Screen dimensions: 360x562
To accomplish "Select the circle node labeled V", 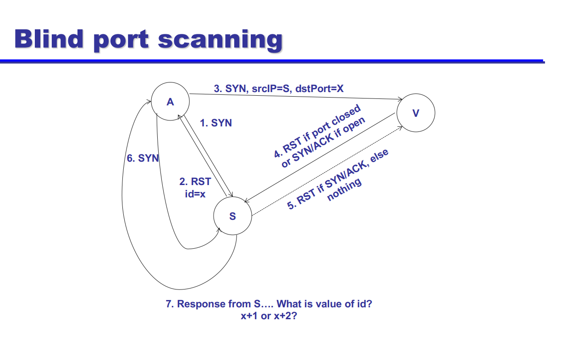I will click(415, 113).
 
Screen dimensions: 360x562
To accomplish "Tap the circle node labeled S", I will click(232, 216).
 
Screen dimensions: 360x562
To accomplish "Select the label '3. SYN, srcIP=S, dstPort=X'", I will click(278, 88).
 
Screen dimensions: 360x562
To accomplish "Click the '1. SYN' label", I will click(216, 123).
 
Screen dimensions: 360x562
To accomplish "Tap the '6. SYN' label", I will click(143, 158).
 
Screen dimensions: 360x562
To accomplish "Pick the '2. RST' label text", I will click(195, 182).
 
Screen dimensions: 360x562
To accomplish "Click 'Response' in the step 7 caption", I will click(201, 304).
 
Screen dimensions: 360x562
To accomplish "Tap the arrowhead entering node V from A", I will click(400, 99).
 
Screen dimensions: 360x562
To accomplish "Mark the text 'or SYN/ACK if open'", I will click(324, 142).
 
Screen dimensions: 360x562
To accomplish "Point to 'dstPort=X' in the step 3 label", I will click(320, 88).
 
